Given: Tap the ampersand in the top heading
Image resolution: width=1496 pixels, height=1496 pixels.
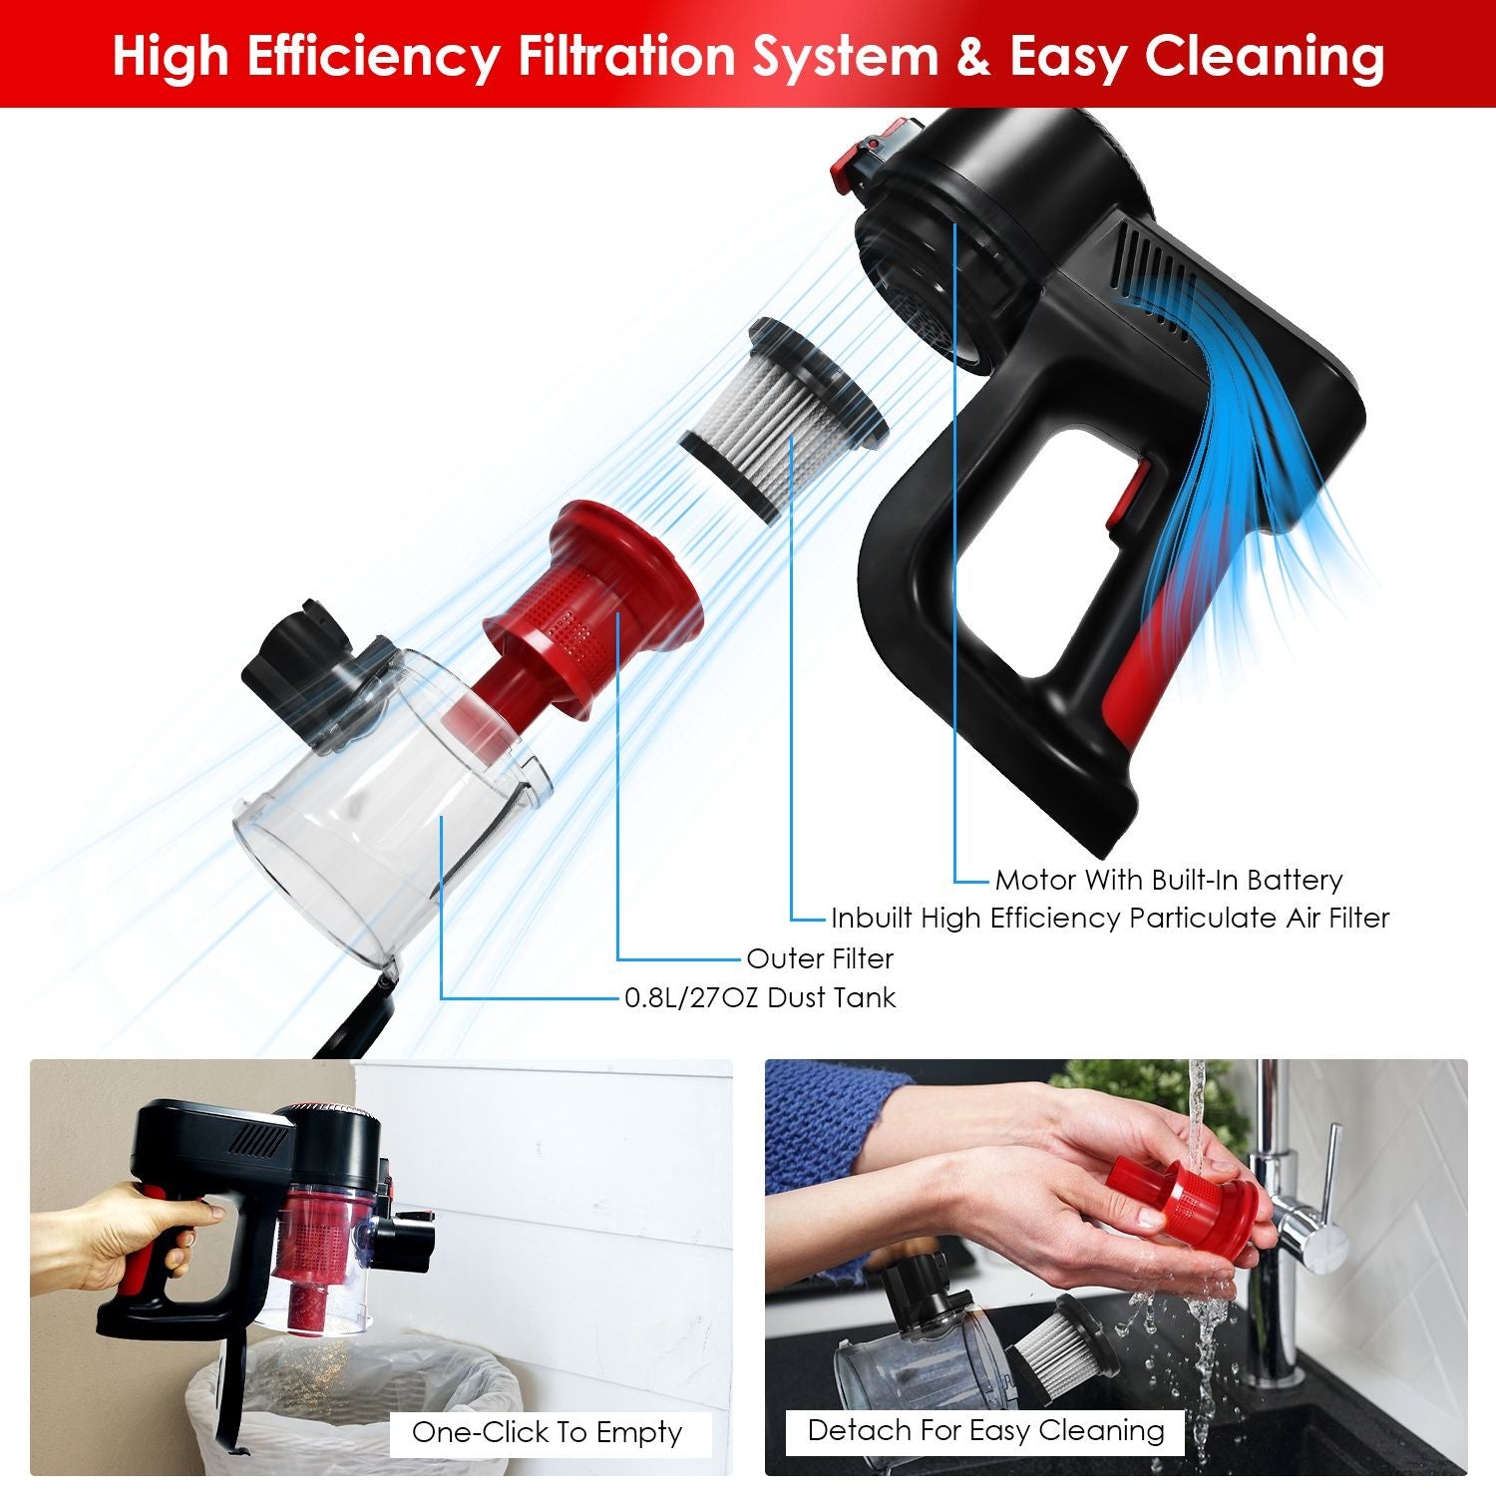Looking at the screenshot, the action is (973, 56).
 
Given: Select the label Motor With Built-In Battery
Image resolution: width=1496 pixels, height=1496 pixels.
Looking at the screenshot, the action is (1169, 880).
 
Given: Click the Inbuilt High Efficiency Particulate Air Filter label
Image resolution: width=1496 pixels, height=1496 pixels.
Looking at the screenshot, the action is (1110, 918).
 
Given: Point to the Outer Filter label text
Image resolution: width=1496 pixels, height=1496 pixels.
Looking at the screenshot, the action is (820, 958).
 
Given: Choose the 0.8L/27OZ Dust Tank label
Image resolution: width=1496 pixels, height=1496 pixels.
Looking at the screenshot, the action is (760, 997).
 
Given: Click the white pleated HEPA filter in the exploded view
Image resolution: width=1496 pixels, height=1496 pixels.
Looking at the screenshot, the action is (783, 419).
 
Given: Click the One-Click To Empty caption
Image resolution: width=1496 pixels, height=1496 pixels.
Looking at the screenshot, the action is (548, 1433).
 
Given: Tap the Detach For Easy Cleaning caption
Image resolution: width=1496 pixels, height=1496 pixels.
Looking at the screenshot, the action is (985, 1431).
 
